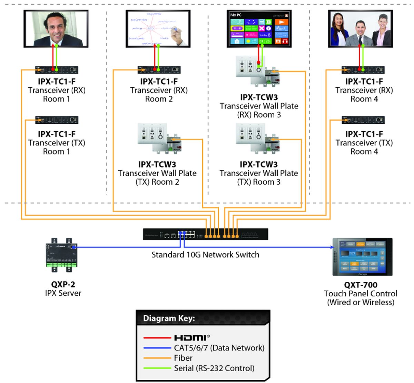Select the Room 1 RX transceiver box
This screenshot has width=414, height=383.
click(x=57, y=70)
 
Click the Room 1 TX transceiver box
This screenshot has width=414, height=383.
click(x=57, y=120)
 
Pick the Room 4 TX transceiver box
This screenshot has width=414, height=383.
click(x=363, y=120)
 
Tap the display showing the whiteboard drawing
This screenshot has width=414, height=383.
click(x=158, y=29)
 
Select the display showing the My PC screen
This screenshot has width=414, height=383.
click(x=259, y=29)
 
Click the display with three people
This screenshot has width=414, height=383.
click(x=360, y=29)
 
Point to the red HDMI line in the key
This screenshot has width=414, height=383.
click(x=157, y=337)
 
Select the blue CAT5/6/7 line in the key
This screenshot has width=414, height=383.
click(x=157, y=348)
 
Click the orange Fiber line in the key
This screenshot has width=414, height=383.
click(x=157, y=358)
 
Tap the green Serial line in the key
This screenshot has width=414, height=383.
click(x=157, y=368)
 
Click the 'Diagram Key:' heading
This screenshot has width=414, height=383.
click(x=169, y=318)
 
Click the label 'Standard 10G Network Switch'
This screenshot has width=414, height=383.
click(x=205, y=255)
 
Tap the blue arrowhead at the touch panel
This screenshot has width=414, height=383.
click(x=332, y=247)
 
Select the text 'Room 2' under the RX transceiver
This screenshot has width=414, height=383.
click(x=159, y=99)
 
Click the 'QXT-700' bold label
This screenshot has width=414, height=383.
click(x=361, y=285)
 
